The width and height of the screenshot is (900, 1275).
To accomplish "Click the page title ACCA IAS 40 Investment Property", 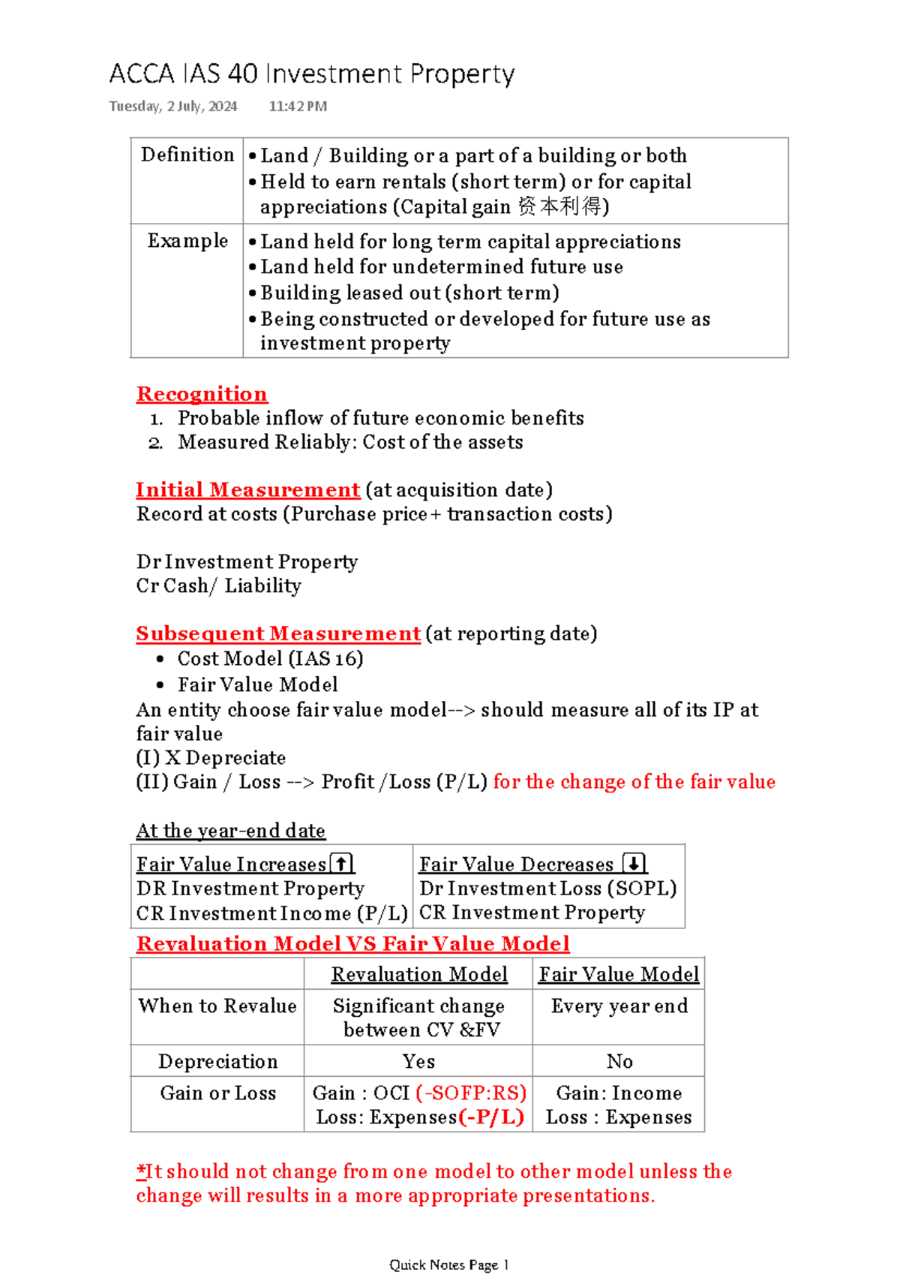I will tap(311, 74).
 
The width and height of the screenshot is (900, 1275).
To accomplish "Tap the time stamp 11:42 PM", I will tap(298, 107).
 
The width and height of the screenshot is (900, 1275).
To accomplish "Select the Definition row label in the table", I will tap(187, 155).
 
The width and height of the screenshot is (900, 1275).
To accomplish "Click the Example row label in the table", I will tap(187, 241).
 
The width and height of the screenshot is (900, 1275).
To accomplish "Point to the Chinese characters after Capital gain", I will tap(559, 206).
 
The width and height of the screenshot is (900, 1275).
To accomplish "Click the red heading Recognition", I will tap(202, 394).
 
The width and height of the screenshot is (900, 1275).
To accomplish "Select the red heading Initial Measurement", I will tap(248, 490).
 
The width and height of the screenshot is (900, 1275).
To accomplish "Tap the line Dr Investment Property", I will tap(247, 562).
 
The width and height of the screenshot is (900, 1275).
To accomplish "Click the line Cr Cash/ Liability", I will tap(218, 586).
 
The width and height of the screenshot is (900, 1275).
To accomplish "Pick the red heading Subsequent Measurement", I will tap(278, 634).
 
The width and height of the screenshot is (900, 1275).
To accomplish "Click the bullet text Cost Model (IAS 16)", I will tap(270, 659).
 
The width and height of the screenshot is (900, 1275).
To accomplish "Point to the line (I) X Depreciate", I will tap(211, 758).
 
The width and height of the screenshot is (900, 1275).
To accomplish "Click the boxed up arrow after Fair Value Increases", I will tap(341, 864).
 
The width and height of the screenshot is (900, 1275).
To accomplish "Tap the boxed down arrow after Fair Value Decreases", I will tap(634, 864).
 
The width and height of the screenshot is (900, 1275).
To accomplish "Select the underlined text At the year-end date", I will tap(230, 831).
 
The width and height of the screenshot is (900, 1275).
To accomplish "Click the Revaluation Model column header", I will tap(419, 974).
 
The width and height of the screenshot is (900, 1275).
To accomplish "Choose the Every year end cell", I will tap(619, 1006).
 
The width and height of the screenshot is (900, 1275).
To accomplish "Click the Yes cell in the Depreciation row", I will tap(418, 1061).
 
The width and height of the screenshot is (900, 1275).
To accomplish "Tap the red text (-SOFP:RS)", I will tap(471, 1093).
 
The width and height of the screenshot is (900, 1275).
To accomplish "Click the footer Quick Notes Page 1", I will tap(449, 1264).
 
